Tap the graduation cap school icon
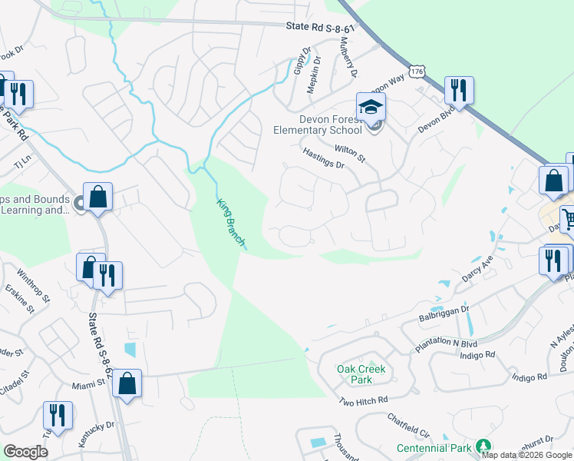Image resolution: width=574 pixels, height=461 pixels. click(x=371, y=106)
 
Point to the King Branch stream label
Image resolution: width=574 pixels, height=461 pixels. click(x=231, y=222)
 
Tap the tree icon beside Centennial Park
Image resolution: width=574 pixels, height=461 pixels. click(x=483, y=446)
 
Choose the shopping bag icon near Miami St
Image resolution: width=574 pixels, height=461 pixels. click(x=127, y=382)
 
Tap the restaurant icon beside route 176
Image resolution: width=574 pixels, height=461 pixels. click(x=459, y=90)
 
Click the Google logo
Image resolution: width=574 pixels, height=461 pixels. click(x=25, y=452)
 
